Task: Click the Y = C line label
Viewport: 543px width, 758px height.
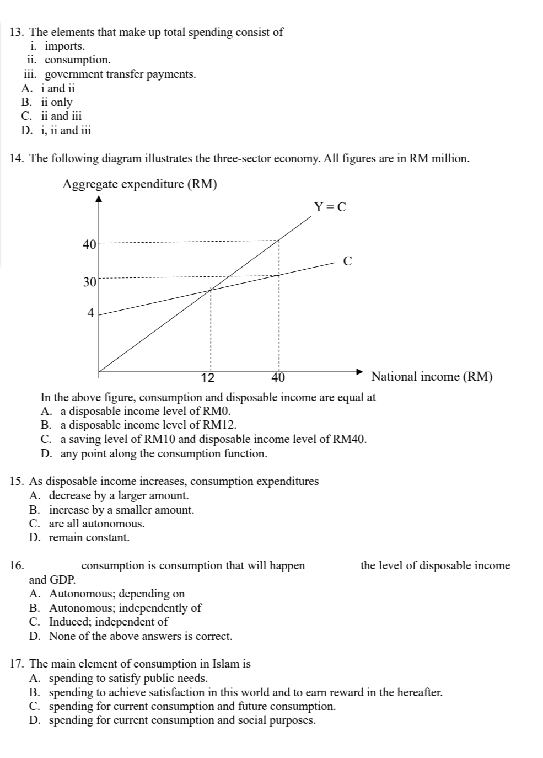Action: pyautogui.click(x=330, y=207)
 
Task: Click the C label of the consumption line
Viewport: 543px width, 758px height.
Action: pyautogui.click(x=347, y=261)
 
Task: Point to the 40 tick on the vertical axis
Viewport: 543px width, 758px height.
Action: pyautogui.click(x=89, y=244)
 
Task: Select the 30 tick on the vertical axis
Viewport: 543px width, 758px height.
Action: pyautogui.click(x=89, y=282)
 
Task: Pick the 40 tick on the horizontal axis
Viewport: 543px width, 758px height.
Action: pyautogui.click(x=278, y=378)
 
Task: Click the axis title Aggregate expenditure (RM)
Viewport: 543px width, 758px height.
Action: pyautogui.click(x=139, y=184)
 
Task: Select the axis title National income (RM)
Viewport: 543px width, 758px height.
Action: pyautogui.click(x=432, y=377)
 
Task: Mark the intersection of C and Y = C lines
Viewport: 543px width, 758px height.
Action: pyautogui.click(x=210, y=290)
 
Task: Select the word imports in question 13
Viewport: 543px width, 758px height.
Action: pyautogui.click(x=64, y=46)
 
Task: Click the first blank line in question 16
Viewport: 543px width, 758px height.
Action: pyautogui.click(x=53, y=566)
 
